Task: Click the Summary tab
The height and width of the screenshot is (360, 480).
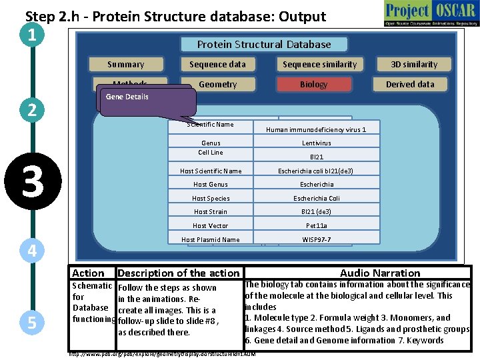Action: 126,65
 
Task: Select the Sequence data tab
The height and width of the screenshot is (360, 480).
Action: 217,65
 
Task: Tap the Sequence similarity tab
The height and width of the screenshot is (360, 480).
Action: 319,65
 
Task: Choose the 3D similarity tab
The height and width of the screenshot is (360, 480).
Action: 413,65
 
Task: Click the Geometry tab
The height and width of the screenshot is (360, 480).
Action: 217,85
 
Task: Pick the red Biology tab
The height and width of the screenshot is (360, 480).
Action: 313,85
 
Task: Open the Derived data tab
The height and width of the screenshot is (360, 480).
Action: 410,85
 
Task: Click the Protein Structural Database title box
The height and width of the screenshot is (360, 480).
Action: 264,45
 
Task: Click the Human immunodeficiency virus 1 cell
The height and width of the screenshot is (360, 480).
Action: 316,129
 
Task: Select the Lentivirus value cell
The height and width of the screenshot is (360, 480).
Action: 316,143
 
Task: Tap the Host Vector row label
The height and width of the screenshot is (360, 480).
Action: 211,226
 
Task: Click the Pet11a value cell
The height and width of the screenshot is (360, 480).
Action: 316,226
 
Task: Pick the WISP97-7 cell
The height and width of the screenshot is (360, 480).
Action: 316,239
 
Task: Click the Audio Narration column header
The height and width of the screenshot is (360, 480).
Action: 380,273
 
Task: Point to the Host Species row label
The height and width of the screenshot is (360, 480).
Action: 211,199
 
